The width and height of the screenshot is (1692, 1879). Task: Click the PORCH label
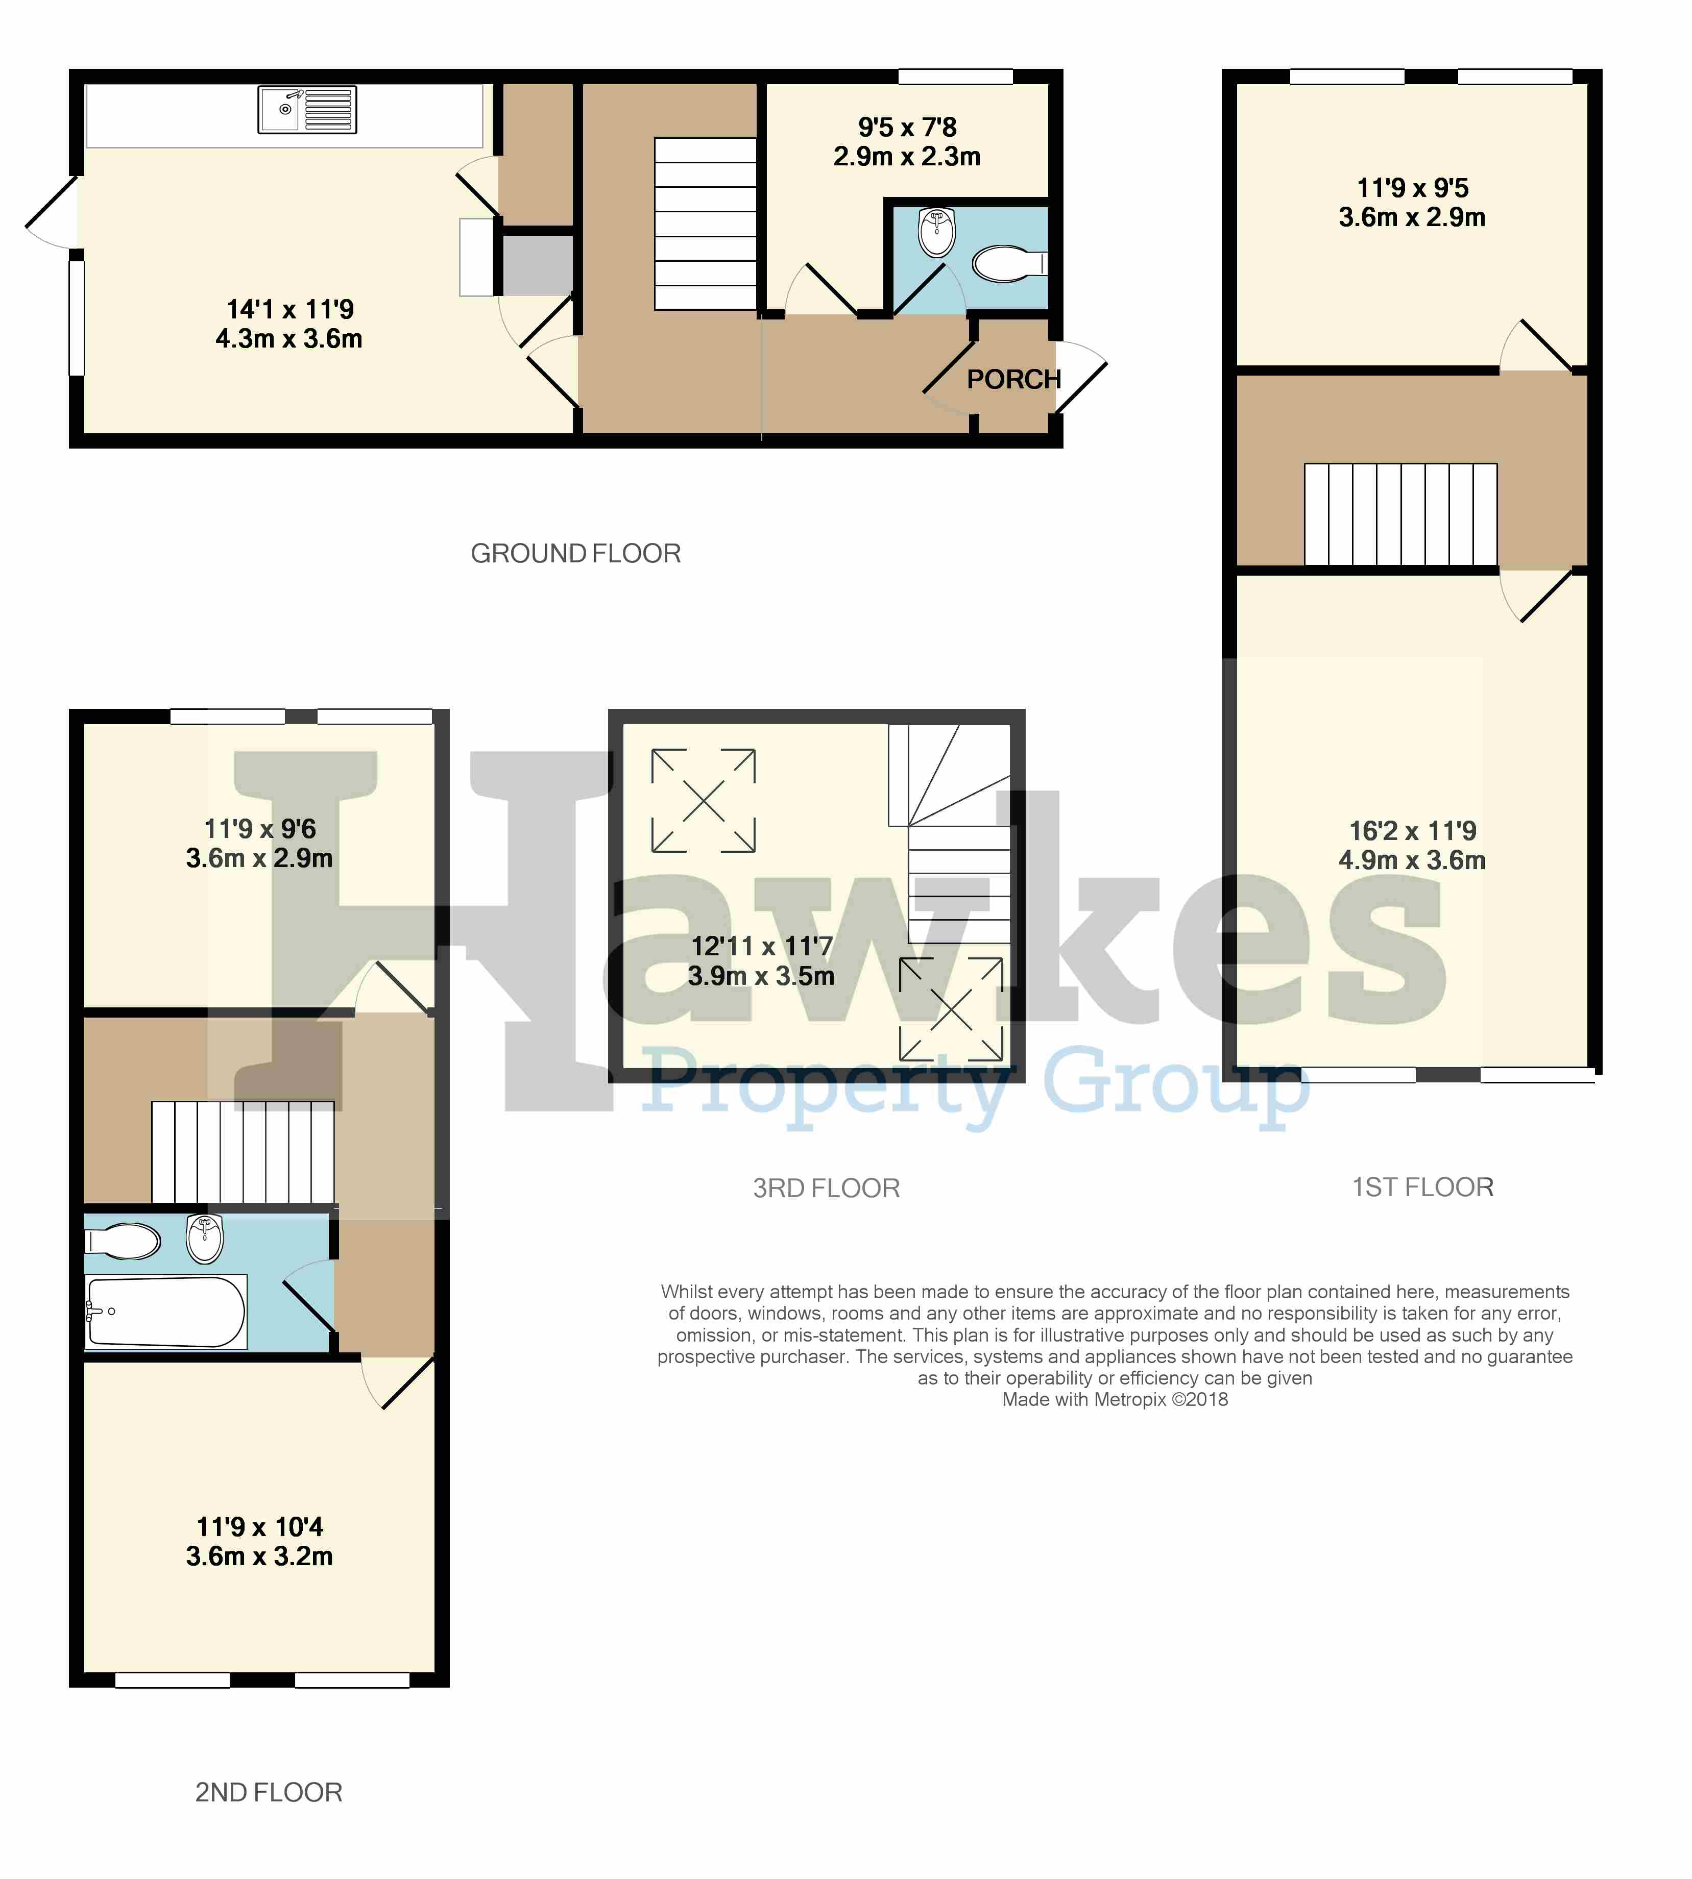pos(1013,379)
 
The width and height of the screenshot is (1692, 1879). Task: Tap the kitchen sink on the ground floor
pos(307,110)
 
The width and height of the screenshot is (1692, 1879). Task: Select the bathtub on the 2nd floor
pos(165,1311)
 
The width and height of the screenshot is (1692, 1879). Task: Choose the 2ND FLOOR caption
pos(269,1792)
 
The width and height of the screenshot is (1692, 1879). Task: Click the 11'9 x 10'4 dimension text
pos(259,1527)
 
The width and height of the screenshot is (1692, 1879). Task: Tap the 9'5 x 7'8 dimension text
pos(907,127)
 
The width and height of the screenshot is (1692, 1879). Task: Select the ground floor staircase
pos(706,224)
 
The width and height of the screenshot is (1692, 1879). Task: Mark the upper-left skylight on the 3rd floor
pos(704,800)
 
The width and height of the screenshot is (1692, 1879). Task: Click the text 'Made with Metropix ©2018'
pos(1115,1399)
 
